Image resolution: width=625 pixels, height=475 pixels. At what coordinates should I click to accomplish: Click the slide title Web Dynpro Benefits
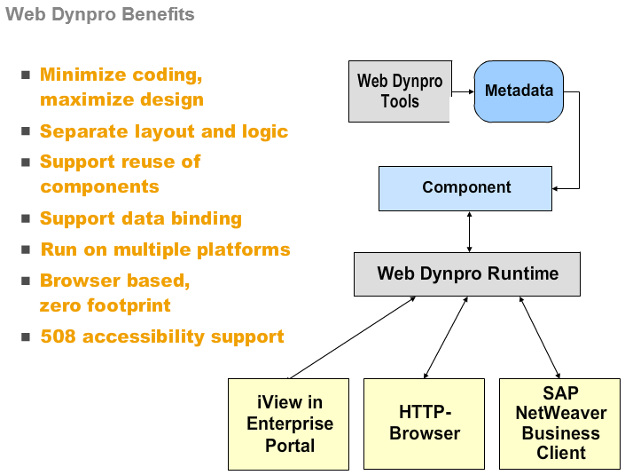[99, 15]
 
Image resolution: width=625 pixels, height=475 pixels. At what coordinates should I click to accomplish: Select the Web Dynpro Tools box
[399, 91]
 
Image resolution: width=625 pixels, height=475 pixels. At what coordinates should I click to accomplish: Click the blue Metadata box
[519, 91]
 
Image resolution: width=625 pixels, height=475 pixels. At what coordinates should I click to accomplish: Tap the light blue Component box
[465, 187]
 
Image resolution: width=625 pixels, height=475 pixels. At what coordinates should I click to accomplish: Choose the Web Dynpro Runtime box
[467, 273]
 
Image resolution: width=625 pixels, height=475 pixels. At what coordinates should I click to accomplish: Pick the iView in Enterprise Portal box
[289, 424]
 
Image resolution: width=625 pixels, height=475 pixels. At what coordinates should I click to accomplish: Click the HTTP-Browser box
[424, 424]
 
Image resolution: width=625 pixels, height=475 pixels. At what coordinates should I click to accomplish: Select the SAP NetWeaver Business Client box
[560, 424]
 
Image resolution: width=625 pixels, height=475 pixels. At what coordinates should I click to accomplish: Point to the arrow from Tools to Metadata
[460, 91]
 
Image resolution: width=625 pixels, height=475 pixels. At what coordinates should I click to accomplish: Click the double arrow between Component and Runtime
[468, 231]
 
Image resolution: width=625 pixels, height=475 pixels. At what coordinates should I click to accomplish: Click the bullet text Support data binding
[140, 218]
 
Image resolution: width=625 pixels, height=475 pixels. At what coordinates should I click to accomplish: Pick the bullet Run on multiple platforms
[165, 249]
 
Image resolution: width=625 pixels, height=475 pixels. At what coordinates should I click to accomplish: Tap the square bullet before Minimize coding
[26, 75]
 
